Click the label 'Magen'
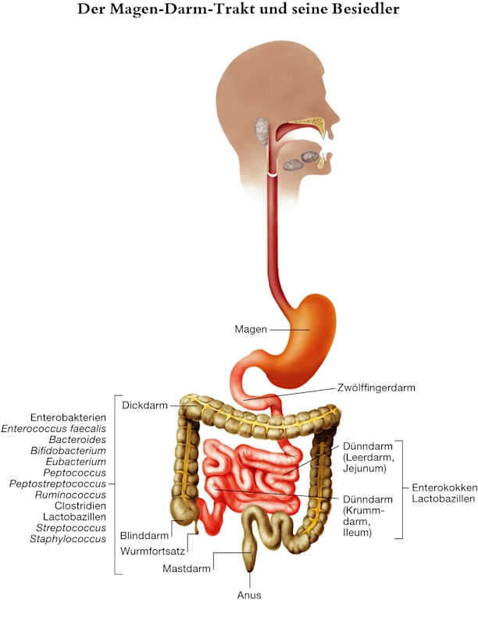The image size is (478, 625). click(x=251, y=329)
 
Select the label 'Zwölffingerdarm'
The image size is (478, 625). click(x=376, y=387)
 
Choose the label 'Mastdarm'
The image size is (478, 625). click(x=187, y=568)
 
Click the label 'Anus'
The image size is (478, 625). click(x=249, y=595)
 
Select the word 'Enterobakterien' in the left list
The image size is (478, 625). click(x=67, y=417)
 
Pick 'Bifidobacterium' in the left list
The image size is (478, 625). click(x=69, y=451)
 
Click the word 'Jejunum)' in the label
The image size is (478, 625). click(x=364, y=469)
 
